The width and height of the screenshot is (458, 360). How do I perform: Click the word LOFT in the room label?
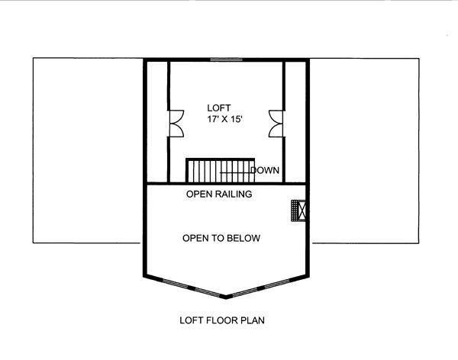coord(219,108)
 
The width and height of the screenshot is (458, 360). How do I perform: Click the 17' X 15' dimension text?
coord(225,119)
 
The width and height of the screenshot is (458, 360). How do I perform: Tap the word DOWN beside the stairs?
coord(265,170)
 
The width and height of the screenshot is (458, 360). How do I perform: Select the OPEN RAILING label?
coord(219,194)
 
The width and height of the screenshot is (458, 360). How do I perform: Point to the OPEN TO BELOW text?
coord(221,238)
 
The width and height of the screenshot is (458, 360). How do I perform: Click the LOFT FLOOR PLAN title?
coord(222,320)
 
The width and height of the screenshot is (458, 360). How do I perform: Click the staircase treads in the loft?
coord(221,171)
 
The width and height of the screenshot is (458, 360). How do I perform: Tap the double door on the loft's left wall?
coord(176,124)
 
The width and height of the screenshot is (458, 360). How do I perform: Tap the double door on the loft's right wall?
coord(276,124)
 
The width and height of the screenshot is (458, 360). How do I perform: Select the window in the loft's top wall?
coord(227,59)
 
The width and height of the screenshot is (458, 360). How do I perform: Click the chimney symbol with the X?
coord(298,211)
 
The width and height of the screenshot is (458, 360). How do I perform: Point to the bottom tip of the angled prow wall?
coord(225,298)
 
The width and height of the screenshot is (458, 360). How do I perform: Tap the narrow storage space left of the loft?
coord(156,122)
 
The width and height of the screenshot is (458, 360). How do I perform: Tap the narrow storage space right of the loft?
coord(295,122)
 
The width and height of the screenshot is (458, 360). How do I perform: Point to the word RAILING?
coord(234,194)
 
